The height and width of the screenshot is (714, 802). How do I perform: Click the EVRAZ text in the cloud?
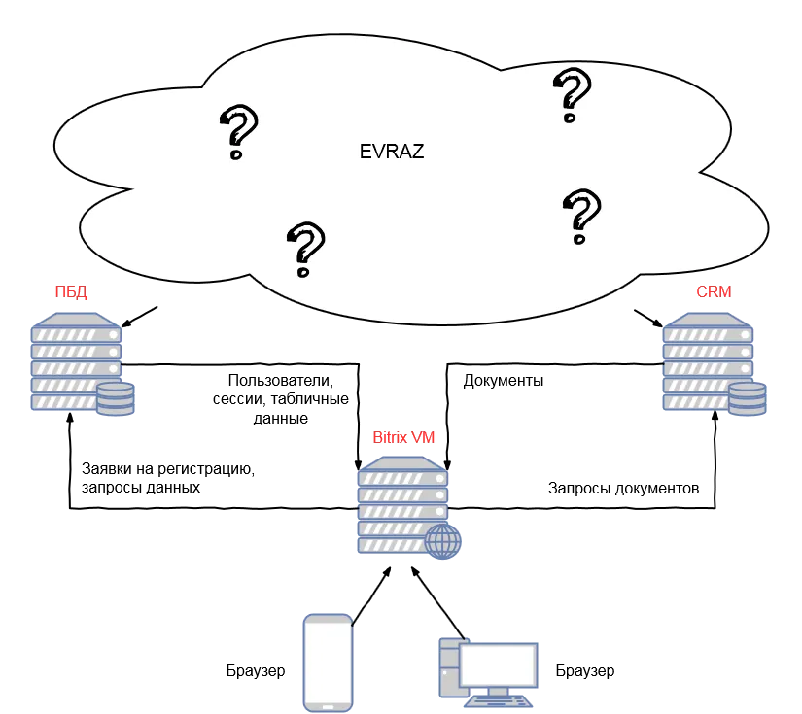[391, 152]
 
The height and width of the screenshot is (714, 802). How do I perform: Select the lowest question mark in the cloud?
[306, 249]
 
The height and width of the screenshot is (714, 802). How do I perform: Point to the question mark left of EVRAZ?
[238, 132]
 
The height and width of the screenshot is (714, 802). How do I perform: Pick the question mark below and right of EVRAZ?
[581, 216]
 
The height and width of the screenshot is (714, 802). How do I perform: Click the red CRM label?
[713, 291]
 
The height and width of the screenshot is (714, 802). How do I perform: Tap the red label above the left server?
[72, 291]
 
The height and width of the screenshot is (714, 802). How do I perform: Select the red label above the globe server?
[404, 437]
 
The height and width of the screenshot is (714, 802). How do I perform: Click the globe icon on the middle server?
[442, 540]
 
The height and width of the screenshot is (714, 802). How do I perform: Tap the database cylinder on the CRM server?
[747, 399]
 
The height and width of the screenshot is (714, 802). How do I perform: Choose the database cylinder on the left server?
[116, 399]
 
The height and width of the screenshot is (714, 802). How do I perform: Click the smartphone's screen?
[328, 661]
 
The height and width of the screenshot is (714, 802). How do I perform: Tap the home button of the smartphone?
[328, 706]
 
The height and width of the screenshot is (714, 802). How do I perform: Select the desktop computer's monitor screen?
[498, 664]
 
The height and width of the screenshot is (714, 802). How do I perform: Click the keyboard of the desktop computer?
[498, 701]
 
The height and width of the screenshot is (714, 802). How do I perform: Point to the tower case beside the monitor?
[448, 668]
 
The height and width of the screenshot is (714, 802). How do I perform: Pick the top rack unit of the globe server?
[401, 478]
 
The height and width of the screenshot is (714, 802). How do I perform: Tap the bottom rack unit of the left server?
[62, 401]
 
